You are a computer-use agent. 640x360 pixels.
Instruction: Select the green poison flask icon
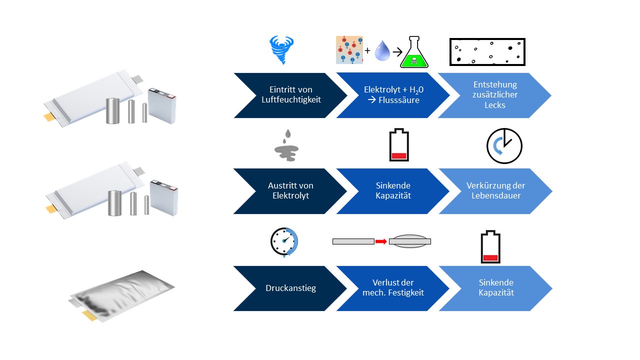point(414,53)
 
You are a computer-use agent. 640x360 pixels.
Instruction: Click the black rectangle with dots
point(487,52)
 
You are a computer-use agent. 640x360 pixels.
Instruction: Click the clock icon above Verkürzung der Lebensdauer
point(504,146)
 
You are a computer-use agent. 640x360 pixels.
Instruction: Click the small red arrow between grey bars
point(381,241)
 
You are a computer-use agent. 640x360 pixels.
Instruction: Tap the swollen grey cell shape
point(409,241)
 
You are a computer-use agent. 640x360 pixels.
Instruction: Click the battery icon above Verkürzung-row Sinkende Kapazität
point(399,146)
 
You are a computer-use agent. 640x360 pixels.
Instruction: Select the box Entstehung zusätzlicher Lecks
point(495,95)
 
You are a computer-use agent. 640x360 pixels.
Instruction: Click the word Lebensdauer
point(496,195)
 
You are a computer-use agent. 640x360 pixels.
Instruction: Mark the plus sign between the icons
point(367,51)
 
